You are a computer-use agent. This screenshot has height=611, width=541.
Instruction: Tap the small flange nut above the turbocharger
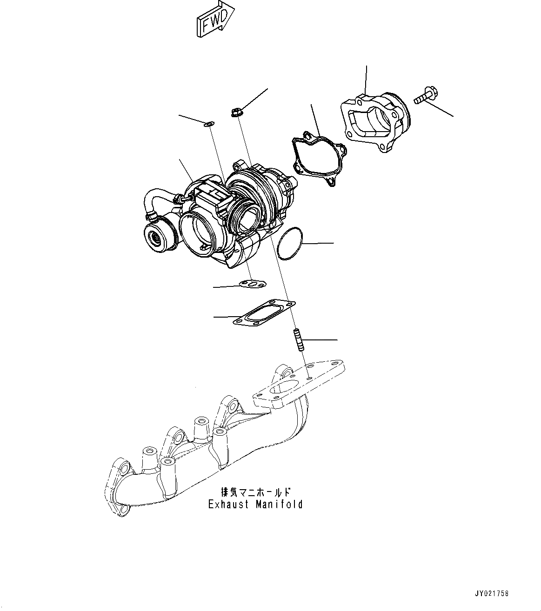pos(236,113)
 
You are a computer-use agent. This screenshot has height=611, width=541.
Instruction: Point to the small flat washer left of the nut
pos(209,124)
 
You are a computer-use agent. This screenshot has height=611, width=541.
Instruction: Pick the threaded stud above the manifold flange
pos(298,339)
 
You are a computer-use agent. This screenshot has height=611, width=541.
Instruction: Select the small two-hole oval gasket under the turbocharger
pos(253,284)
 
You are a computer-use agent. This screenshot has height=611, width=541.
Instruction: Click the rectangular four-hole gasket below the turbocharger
pos(264,314)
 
